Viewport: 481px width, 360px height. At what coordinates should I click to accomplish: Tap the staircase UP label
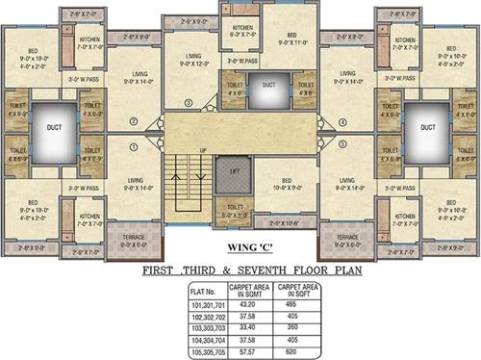202,151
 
